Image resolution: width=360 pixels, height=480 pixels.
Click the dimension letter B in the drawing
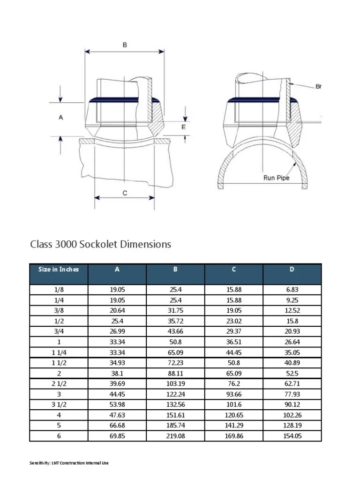point(125,45)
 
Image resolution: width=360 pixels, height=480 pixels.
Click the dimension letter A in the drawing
point(60,118)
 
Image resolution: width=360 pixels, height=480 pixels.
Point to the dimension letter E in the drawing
point(183,127)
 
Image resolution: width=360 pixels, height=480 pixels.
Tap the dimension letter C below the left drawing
point(124,193)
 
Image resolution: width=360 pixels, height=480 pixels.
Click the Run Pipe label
point(276,178)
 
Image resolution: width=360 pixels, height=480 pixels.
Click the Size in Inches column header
point(59,270)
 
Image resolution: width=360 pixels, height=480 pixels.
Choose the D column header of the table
point(292,270)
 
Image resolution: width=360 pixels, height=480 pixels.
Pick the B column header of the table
point(175,270)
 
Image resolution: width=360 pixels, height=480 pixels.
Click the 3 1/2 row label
point(59,405)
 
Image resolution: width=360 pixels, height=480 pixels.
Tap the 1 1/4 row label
point(59,352)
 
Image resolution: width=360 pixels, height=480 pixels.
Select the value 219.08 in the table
point(175,436)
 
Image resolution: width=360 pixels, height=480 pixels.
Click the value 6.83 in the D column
point(292,290)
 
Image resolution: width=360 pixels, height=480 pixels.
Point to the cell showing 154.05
point(292,436)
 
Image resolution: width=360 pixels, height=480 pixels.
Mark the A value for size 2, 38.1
point(117,373)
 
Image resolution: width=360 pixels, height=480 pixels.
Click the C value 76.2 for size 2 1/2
point(234,384)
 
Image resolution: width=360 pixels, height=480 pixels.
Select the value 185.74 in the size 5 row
point(175,426)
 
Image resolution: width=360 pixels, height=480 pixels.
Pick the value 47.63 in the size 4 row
point(117,415)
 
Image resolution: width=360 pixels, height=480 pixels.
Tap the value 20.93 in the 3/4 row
point(292,331)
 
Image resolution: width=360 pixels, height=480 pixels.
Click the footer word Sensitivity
point(39,464)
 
